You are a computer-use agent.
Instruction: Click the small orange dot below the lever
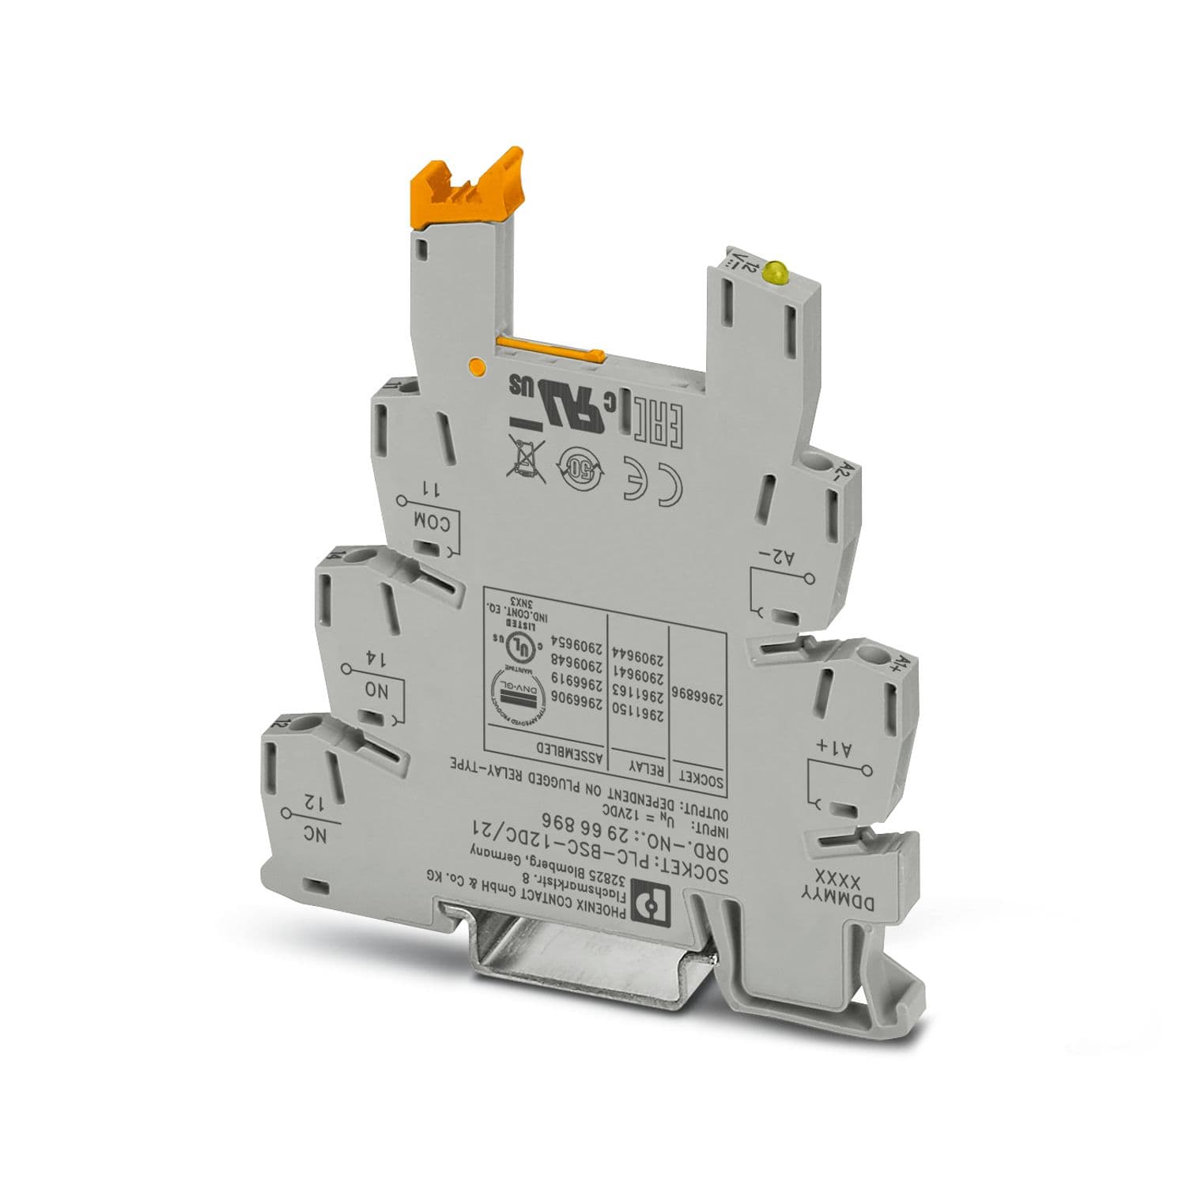tap(476, 365)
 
